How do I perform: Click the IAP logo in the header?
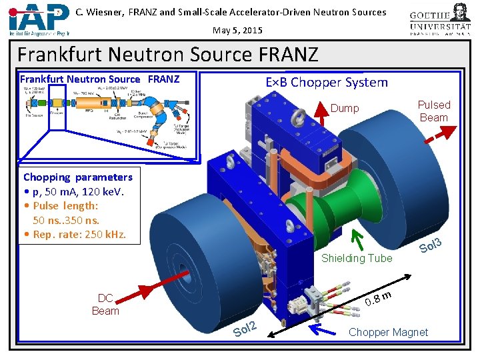point(39,19)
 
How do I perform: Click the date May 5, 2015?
point(238,30)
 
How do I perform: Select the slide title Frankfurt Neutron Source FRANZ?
point(168,54)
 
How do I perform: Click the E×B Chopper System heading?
point(326,83)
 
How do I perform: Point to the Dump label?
point(345,108)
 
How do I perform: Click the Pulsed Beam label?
point(433,111)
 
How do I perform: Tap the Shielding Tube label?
point(357,258)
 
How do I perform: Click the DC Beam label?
point(105,304)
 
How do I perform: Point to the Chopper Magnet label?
point(388,332)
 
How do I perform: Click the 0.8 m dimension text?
point(377,298)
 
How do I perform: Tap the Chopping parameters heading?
point(78,177)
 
